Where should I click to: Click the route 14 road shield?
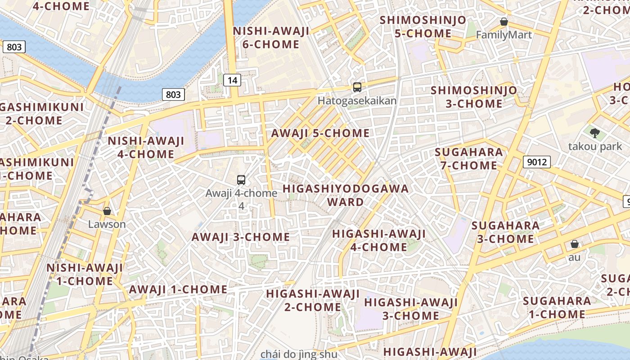coord(232,81)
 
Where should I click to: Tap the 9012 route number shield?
coord(537,162)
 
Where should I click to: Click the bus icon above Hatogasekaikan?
coord(357,87)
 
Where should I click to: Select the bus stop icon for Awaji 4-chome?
coord(241,180)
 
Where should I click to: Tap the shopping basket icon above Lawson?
coord(107,211)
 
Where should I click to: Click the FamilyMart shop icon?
coord(504,22)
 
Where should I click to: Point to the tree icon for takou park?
coord(595,133)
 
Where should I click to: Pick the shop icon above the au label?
coord(574,244)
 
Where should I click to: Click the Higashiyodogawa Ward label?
coord(346,195)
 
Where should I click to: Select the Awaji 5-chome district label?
coord(320,133)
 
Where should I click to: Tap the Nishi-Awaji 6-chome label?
coord(271,38)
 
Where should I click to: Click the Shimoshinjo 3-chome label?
coord(474,97)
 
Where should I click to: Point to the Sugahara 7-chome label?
coord(468,159)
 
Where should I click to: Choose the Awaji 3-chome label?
coord(240,237)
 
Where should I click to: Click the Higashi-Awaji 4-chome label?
coord(378,240)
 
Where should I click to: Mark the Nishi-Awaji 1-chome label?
coord(85,274)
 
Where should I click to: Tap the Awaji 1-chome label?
coord(178,289)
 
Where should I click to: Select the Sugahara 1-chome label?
coord(557,307)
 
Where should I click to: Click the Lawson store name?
coord(107,224)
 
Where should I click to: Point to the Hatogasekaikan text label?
coord(357,100)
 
